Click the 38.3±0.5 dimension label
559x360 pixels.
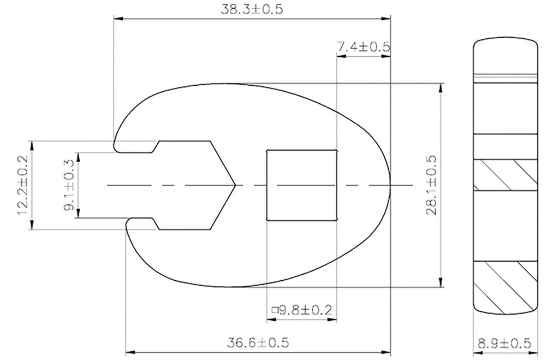click(252, 9)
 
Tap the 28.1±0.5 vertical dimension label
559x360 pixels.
click(431, 185)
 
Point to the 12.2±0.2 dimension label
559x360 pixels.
click(23, 185)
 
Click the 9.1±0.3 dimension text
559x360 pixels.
click(69, 185)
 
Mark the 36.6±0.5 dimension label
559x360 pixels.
click(258, 343)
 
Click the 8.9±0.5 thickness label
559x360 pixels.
click(504, 344)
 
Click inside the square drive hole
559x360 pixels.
click(301, 185)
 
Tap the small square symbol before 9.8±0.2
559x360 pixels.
click(275, 310)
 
